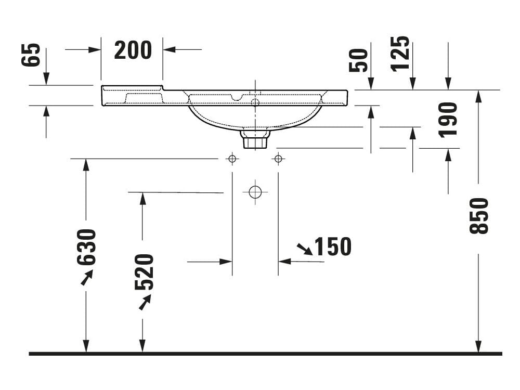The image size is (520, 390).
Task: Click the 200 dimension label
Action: click(133, 50)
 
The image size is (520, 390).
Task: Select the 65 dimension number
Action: click(31, 55)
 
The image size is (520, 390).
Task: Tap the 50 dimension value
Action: click(359, 60)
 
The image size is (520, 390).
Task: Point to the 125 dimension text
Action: click(400, 54)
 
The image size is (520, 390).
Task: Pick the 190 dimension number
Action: click(448, 120)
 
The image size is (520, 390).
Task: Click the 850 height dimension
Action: click(479, 216)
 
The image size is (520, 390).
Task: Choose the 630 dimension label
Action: click(87, 247)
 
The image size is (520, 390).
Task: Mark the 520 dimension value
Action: click(144, 271)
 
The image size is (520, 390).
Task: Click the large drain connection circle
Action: click(255, 192)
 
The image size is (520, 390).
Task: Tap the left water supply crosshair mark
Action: click(232, 159)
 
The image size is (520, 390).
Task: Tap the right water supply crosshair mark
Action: click(278, 159)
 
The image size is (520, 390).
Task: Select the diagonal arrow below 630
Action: click(86, 278)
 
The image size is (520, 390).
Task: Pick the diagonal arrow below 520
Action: click(145, 302)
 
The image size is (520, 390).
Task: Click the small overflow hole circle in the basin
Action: click(255, 102)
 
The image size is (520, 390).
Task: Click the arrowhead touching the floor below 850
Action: click(478, 347)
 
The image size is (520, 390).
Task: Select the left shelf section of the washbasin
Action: click(133, 96)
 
